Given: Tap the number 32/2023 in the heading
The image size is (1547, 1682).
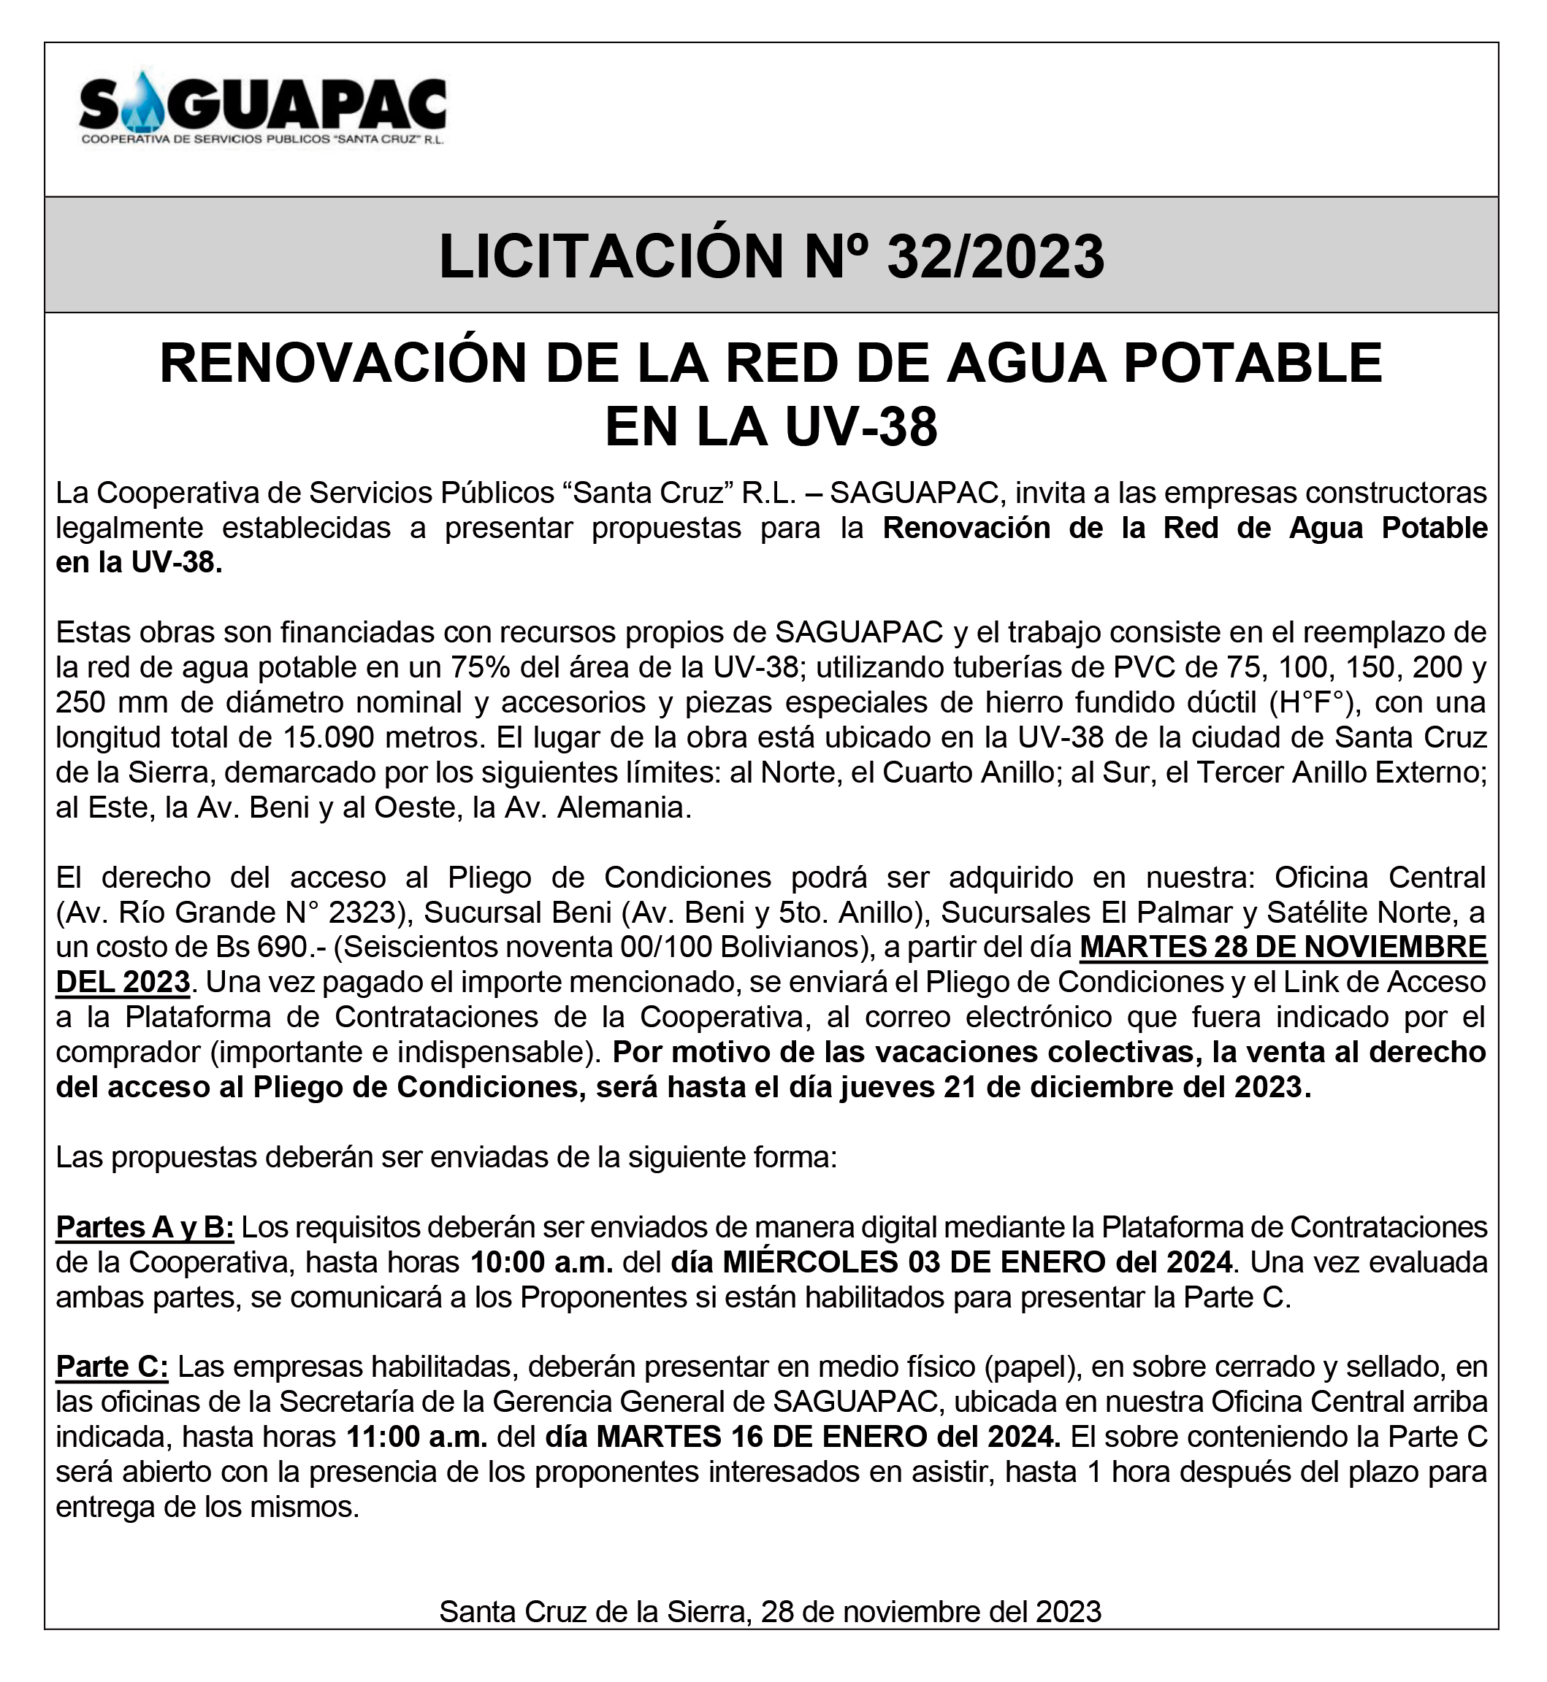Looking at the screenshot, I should [x=996, y=256].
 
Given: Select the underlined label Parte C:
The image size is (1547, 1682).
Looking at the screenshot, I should [x=112, y=1367].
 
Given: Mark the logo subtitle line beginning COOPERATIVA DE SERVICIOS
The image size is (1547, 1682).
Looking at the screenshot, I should [x=262, y=139].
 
